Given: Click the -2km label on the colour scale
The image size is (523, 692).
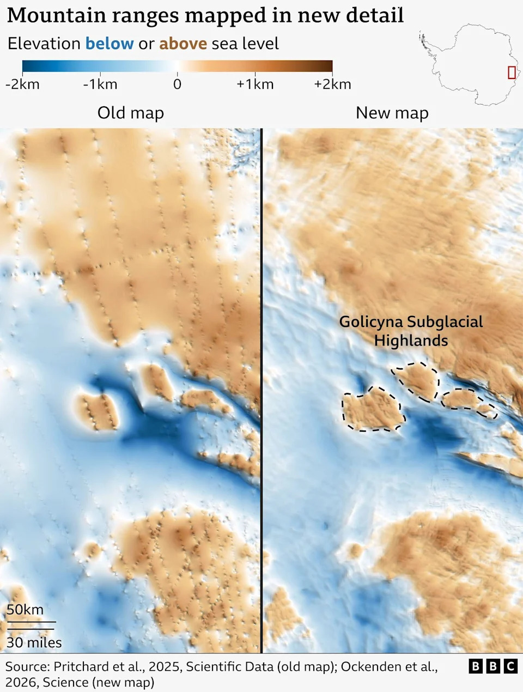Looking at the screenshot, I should (x=22, y=84).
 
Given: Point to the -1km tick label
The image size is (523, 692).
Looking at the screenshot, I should (x=100, y=84).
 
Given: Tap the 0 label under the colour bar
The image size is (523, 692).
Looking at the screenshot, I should (x=177, y=84).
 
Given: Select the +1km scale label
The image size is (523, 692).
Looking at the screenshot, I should (x=255, y=84).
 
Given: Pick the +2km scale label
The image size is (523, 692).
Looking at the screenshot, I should (x=332, y=84).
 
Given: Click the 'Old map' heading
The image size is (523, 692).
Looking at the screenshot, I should (x=131, y=113).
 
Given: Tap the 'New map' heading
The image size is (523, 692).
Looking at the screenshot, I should (x=392, y=113).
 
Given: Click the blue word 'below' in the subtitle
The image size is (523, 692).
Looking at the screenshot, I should (x=110, y=44).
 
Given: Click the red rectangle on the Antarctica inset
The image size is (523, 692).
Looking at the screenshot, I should (x=512, y=72).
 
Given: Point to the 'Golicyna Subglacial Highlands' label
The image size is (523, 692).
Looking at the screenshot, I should (x=411, y=331).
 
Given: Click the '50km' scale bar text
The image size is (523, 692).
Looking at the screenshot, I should (x=25, y=610).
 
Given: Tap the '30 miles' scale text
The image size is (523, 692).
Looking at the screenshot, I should (x=34, y=643).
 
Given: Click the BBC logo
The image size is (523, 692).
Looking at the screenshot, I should (x=493, y=666).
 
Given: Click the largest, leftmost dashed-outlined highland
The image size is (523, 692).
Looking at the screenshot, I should (x=373, y=410).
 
